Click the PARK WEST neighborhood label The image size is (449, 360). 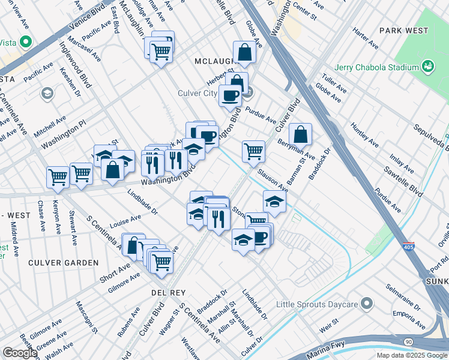(x=403, y=31)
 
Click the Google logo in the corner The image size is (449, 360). (x=19, y=353)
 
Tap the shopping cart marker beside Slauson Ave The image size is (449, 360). (x=253, y=151)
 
